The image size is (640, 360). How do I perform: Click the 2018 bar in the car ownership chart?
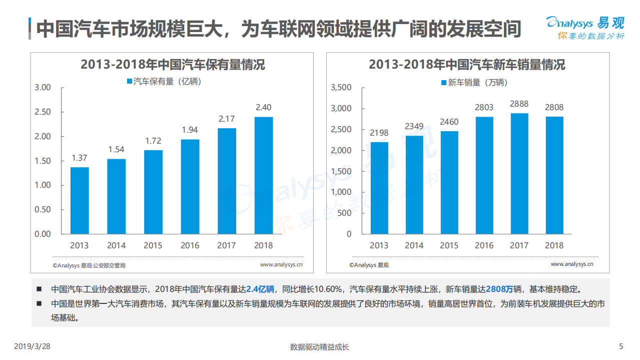coord(264,175)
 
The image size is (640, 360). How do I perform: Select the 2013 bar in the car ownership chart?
coord(80,200)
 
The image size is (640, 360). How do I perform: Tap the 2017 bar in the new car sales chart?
coord(519,173)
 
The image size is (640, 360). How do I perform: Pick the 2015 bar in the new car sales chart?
coord(449,182)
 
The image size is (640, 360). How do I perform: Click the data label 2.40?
coord(264,107)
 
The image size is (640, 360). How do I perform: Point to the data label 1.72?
coord(153,141)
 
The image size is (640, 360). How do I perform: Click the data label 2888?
coord(519,104)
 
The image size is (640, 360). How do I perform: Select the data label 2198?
coord(379,133)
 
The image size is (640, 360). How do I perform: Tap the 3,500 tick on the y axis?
coord(341,88)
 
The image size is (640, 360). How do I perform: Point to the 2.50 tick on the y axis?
coord(43,112)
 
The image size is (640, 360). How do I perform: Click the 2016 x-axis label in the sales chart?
coord(484,245)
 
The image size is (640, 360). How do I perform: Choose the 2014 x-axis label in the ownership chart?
coord(116,245)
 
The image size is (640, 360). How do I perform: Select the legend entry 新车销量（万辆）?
coord(474,83)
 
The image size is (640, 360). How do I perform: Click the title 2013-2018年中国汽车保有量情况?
coord(173,65)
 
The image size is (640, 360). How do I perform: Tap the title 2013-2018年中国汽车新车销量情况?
coord(467,65)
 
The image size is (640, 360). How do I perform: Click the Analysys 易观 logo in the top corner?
coord(585,28)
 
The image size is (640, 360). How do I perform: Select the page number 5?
coord(621,346)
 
